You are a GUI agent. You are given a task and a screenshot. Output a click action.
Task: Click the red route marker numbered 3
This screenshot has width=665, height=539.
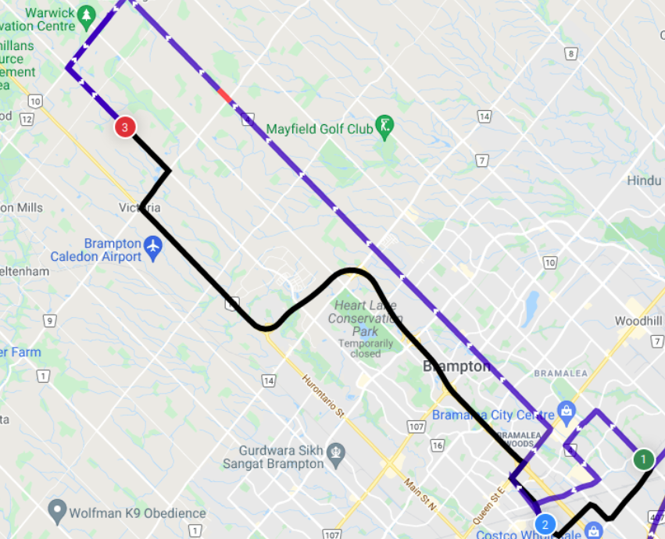tap(124, 127)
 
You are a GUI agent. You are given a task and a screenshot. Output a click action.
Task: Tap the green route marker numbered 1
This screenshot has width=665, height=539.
tap(643, 459)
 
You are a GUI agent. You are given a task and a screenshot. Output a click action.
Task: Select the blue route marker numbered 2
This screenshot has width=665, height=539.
tap(545, 524)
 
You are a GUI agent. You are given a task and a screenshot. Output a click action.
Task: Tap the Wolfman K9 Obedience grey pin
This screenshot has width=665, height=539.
tap(56, 512)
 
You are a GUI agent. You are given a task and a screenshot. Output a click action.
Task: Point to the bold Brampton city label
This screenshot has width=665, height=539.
tap(457, 366)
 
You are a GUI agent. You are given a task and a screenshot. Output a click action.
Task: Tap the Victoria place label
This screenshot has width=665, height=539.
tap(140, 208)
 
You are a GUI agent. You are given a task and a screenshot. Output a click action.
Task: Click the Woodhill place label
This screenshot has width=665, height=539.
tap(638, 321)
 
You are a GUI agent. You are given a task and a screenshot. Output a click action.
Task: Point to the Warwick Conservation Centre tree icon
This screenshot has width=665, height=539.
tap(86, 15)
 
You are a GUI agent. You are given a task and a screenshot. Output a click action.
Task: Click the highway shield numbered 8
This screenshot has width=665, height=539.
tap(571, 54)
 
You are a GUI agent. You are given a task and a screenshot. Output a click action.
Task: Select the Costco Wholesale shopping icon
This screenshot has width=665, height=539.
tap(593, 532)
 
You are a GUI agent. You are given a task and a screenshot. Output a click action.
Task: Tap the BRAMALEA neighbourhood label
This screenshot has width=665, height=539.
tap(560, 373)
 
